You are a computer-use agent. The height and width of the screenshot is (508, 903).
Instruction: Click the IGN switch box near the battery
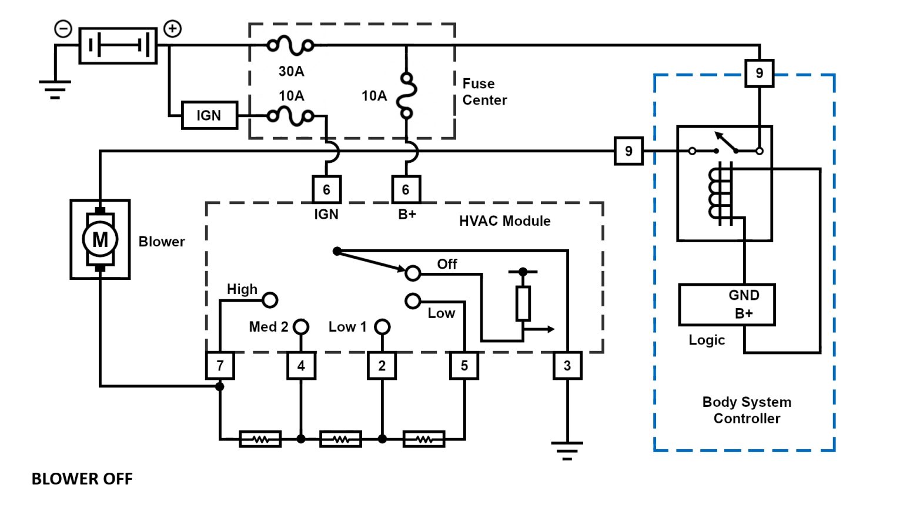click(x=209, y=115)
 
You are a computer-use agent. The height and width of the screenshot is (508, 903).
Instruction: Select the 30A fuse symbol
click(x=290, y=45)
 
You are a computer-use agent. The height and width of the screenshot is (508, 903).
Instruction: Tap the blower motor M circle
click(x=100, y=239)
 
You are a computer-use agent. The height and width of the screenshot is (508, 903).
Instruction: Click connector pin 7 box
click(x=220, y=366)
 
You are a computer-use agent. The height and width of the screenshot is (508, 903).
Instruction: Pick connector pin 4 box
click(x=301, y=366)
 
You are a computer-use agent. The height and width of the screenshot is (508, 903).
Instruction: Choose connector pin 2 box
click(x=382, y=366)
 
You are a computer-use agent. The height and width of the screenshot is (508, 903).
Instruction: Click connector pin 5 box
click(x=464, y=366)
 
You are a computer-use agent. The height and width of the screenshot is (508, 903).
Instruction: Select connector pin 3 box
click(x=567, y=366)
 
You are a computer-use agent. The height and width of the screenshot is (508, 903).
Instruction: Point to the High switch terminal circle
click(x=270, y=300)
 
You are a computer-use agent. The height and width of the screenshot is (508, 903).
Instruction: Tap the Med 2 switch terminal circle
click(x=301, y=326)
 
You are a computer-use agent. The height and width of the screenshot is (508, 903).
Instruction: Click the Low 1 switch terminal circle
click(x=382, y=326)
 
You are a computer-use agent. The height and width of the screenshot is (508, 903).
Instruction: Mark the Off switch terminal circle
click(x=413, y=273)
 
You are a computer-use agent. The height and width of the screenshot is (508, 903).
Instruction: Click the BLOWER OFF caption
click(x=82, y=479)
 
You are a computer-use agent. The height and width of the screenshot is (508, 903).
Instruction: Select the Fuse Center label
click(x=484, y=92)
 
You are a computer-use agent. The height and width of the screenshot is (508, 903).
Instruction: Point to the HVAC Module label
click(x=505, y=221)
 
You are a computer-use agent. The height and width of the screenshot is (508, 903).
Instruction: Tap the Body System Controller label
click(x=747, y=410)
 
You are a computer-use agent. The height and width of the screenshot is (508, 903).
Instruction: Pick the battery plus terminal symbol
click(x=172, y=28)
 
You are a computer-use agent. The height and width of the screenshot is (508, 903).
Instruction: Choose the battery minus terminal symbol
click(x=63, y=28)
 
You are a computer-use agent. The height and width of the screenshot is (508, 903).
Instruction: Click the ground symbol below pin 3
click(x=567, y=450)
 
